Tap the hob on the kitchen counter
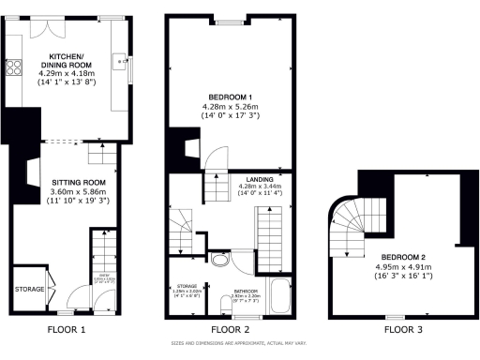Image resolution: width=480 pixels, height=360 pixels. point(15,67)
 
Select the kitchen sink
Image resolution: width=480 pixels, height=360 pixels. point(121,65)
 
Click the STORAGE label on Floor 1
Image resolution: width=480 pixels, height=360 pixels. point(29,290)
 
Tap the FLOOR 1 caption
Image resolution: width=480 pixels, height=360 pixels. point(66,330)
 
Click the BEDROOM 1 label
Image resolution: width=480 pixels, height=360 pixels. point(230,97)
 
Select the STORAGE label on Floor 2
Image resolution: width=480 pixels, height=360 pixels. point(187,286)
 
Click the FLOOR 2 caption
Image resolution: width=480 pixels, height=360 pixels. point(230,330)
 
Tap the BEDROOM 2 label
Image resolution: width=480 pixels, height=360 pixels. point(405,256)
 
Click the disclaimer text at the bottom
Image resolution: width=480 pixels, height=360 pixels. point(240,346)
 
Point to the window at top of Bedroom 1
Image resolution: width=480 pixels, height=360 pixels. point(229,18)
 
